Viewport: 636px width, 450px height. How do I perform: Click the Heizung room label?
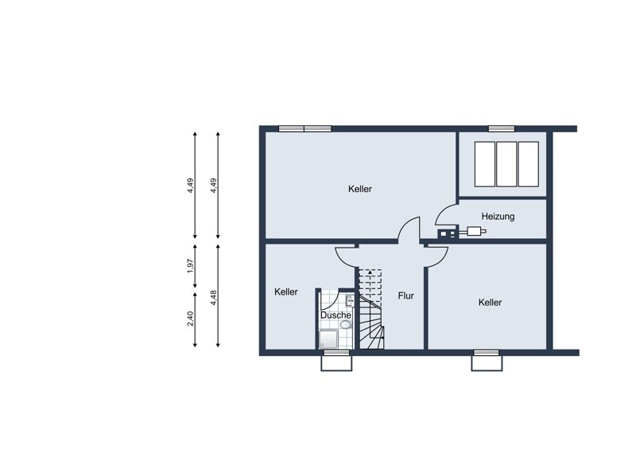coord(498,217)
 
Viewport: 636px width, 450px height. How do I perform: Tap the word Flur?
coord(405,295)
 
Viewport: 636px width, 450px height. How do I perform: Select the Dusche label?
coord(335,315)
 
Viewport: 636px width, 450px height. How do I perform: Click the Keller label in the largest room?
coord(360,189)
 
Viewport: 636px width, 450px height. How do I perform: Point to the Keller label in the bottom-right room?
coord(490,303)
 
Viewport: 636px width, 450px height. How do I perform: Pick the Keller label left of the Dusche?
coord(286,292)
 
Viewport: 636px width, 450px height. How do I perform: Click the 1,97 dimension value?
coord(191,265)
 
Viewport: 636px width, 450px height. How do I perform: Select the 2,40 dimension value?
coord(191,319)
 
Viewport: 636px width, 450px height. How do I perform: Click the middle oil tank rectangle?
coord(506,164)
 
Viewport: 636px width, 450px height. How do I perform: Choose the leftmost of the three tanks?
coord(485,164)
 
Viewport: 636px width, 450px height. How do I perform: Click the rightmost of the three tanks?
coord(529,164)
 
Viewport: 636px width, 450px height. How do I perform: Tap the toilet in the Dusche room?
coord(346,325)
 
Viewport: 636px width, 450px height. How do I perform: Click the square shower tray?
coord(328,339)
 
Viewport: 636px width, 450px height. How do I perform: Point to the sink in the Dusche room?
coord(349,301)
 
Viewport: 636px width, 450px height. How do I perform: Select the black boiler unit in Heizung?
coord(447,233)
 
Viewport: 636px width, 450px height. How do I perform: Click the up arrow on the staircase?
coord(370,272)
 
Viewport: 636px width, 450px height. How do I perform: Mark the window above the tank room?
coord(502,128)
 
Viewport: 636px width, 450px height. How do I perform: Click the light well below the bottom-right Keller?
coord(487,363)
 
